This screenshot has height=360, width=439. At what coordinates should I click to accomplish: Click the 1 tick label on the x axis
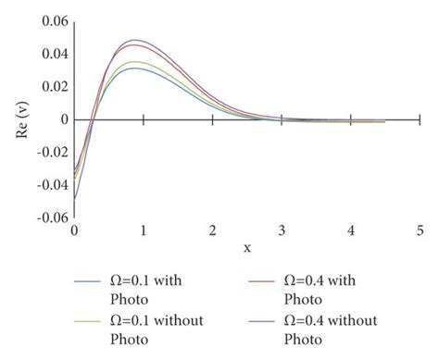144,229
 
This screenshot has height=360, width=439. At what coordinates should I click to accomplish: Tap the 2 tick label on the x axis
213,229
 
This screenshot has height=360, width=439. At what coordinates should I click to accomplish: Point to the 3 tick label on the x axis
282,229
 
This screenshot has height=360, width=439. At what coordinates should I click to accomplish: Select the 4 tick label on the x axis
351,229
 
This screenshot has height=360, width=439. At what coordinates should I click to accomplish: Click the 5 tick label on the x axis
420,229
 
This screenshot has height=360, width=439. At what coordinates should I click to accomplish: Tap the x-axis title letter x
247,247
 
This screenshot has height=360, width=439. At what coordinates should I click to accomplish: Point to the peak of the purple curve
135,40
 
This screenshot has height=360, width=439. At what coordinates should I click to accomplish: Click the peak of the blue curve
135,68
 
